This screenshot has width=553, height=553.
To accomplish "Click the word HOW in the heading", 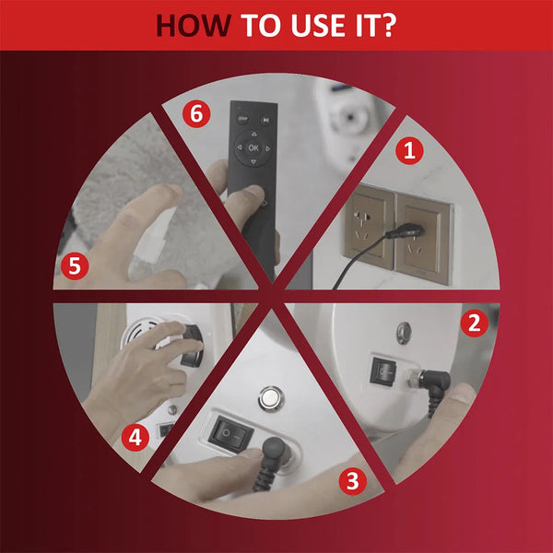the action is (194, 26).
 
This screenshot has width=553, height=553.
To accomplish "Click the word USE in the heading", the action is (318, 26).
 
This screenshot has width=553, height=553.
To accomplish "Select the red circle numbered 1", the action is (409, 150).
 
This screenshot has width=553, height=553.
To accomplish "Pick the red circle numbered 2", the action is (474, 324).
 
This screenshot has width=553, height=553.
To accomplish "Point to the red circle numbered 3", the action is (353, 481).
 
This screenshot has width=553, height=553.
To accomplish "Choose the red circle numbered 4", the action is (135, 437).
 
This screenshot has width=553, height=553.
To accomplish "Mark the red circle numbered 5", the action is (75, 266).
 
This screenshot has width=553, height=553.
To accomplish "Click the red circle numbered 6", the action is (196, 114).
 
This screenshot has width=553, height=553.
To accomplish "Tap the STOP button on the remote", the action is (242, 119).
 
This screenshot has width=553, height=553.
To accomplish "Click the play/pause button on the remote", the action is (266, 120).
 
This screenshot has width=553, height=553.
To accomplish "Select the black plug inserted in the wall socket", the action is (406, 231).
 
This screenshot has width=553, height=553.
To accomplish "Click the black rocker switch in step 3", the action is (230, 434).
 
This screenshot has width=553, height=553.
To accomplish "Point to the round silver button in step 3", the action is (271, 398).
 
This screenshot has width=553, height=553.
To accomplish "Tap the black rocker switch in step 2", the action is (382, 371).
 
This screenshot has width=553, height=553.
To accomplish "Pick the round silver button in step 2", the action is (404, 333).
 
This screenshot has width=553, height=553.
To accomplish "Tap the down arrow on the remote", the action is (253, 162).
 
